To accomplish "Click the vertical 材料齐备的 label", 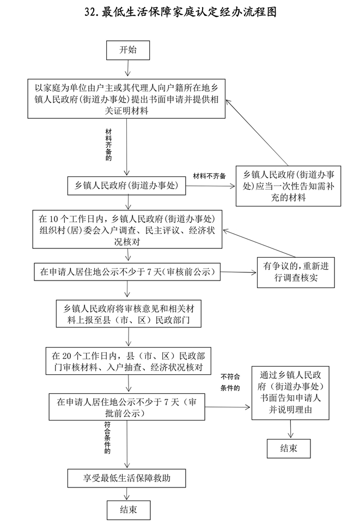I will tap(108, 145).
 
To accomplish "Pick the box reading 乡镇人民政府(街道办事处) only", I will tap(126, 186).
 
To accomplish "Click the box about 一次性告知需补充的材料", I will tap(288, 186).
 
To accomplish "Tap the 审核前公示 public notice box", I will tap(126, 271).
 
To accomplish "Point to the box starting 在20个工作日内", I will tap(127, 361).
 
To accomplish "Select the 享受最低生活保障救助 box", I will tap(126, 478).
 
